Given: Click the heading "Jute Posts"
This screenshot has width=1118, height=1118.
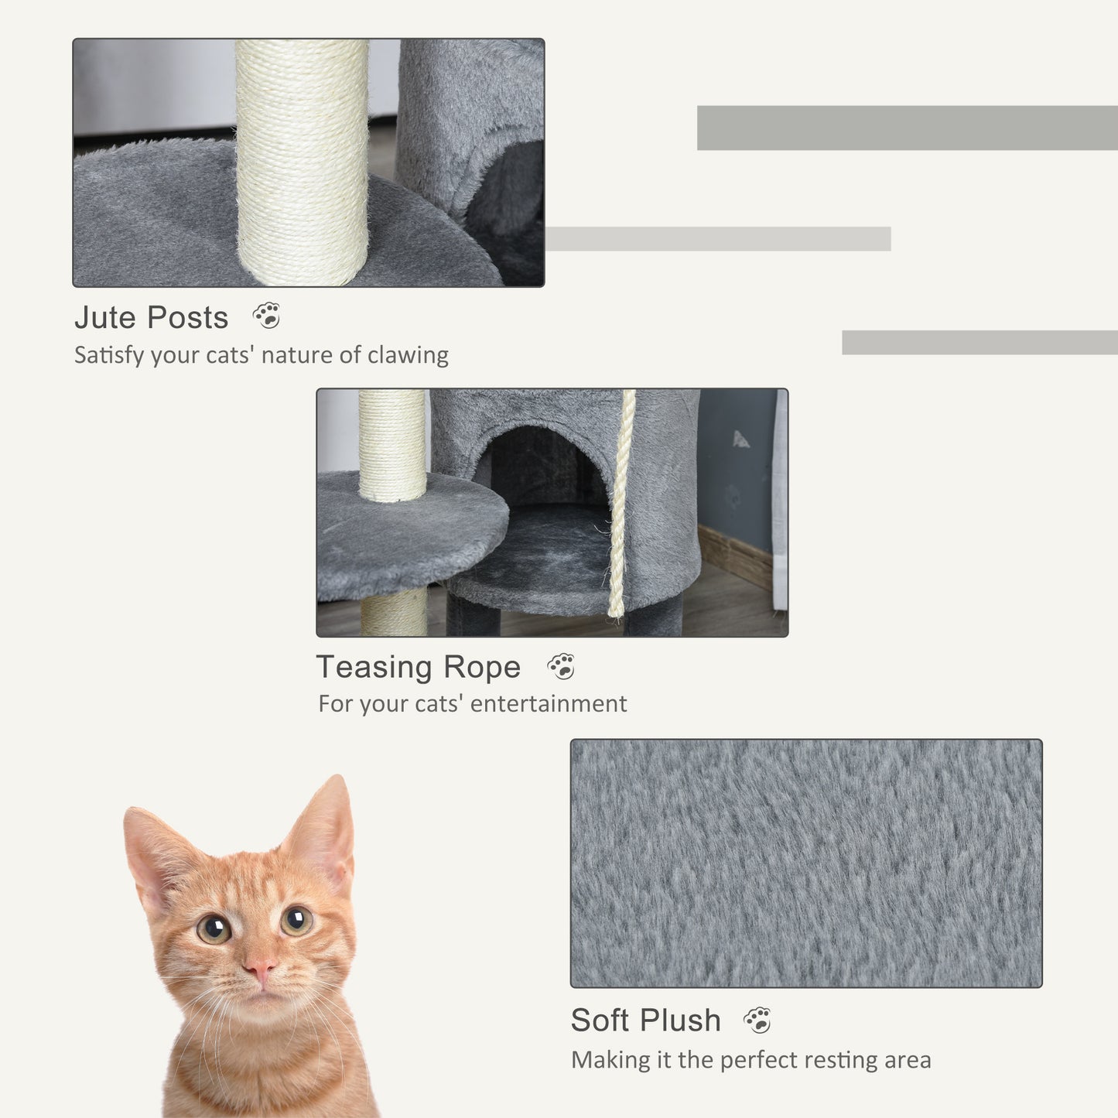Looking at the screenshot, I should click(152, 317).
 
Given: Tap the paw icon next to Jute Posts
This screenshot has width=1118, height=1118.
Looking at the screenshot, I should click(267, 316).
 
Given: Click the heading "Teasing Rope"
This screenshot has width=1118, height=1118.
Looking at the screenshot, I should click(419, 667).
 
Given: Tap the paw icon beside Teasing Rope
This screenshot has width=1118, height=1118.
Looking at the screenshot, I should click(561, 666).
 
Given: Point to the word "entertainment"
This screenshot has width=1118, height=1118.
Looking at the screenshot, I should click(549, 704).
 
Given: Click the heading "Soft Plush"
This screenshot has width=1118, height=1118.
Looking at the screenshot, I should click(645, 1021).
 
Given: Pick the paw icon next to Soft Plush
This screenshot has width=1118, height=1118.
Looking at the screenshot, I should click(757, 1021).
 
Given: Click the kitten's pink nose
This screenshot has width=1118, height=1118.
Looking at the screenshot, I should click(259, 969).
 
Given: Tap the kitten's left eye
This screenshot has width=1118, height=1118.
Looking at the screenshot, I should click(214, 928).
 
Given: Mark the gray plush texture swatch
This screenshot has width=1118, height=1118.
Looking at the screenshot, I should click(806, 863).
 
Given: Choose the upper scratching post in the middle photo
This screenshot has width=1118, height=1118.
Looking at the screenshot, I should click(392, 445).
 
